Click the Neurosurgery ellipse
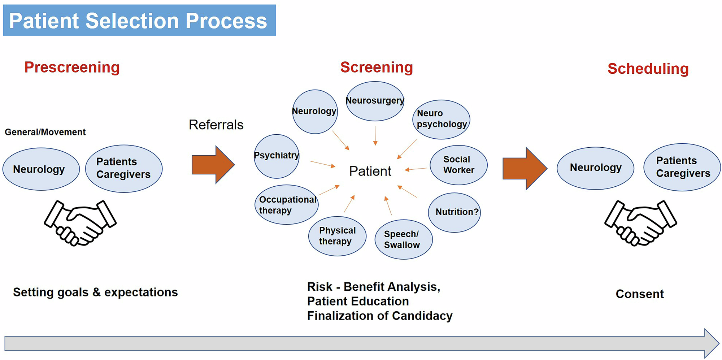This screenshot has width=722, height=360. pos(375,101)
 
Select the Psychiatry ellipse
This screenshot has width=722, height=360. pos(277,156)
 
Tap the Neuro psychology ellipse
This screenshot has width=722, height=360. pos(441,119)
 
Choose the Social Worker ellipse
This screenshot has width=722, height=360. pos(458,165)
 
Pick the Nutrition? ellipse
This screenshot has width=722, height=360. pos(454,212)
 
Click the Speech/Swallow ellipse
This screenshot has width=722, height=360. pos(403,239)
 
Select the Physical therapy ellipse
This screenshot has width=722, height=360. pos(337,236)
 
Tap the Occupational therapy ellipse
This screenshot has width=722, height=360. pos(287,205)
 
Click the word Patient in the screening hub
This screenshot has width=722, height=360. pos(370,171)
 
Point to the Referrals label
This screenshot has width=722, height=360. pos(216,125)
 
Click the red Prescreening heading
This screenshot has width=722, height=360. pos(72,68)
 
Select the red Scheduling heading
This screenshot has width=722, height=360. pos(648,69)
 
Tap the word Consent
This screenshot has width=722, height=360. pos(639,294)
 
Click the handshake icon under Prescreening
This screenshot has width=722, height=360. pos(80,223)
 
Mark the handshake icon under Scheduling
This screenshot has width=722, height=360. pos(640,223)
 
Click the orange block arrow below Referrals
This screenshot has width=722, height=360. pos(213,165)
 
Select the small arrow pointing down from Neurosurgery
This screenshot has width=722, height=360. pos(375,136)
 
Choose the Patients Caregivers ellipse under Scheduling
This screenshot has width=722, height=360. pos(682,167)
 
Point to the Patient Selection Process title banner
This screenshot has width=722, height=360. pos(139,20)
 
